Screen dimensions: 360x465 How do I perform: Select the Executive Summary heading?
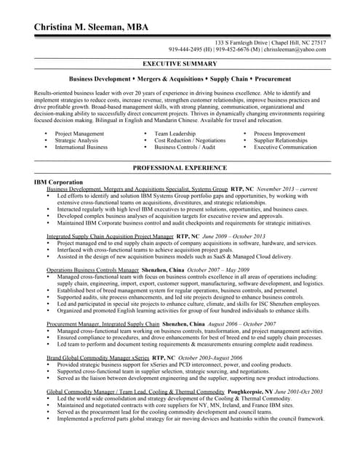pyautogui.click(x=180, y=64)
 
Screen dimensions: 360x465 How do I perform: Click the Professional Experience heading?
pyautogui.click(x=180, y=168)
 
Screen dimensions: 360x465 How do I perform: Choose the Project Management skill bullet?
pyautogui.click(x=79, y=134)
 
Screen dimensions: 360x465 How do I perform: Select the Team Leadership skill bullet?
pyautogui.click(x=175, y=134)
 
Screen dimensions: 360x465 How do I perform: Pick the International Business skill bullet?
pyautogui.click(x=81, y=147)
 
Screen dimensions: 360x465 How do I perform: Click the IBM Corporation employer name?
pyautogui.click(x=58, y=182)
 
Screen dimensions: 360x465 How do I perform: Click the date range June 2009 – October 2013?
pyautogui.click(x=232, y=236)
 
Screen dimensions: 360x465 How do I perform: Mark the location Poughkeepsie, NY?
pyautogui.click(x=247, y=391)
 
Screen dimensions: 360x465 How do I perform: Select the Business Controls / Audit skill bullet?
pyautogui.click(x=184, y=147)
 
